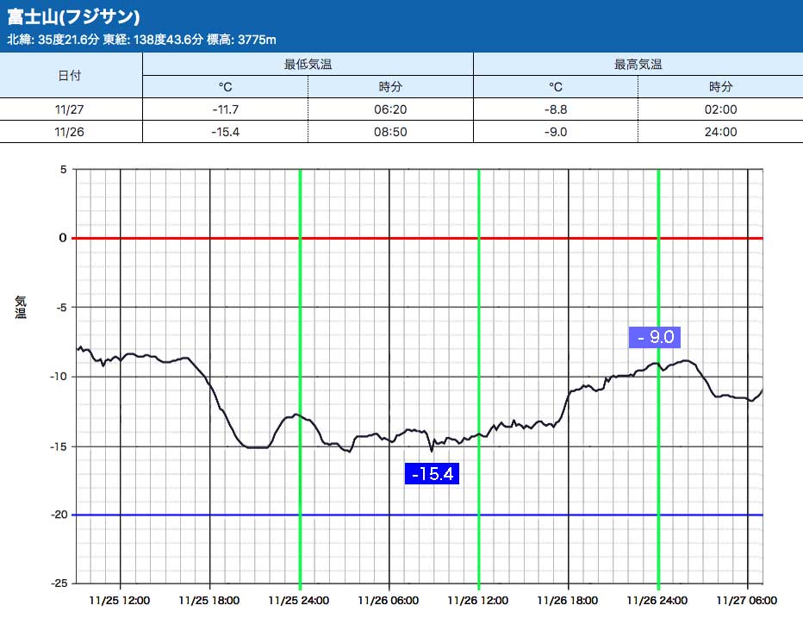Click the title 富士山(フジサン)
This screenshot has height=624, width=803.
coord(73,17)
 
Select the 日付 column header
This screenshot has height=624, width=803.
coord(70,75)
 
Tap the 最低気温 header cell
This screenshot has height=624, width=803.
coord(308,64)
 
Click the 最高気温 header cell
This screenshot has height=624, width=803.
coord(638,64)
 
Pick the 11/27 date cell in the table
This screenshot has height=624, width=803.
coord(70,109)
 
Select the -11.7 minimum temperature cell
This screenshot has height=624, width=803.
coord(225,109)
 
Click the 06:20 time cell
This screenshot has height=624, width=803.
coord(390,109)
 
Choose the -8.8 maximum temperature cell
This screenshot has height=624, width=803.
coord(556,109)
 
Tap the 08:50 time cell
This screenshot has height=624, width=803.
coord(390,132)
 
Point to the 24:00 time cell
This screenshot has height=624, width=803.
coord(721,132)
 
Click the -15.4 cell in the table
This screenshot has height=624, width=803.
coord(225,132)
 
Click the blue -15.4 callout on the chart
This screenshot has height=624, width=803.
coord(433,473)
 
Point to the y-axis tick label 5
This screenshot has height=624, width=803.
coord(63,170)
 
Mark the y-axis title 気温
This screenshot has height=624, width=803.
coord(20,307)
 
